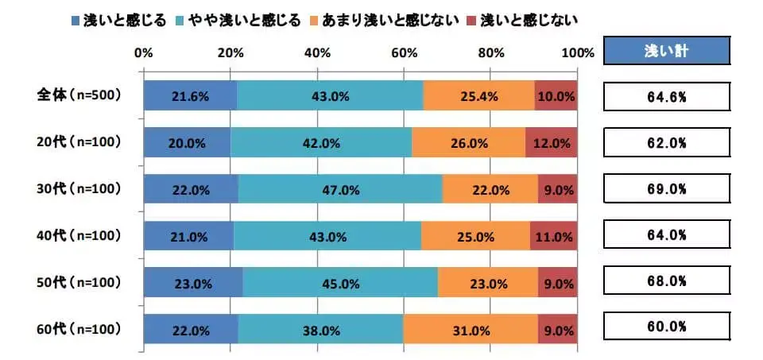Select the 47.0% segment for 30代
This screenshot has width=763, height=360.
(340, 190)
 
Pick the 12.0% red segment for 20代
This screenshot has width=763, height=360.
(552, 143)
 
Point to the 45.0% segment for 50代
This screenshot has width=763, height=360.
(340, 282)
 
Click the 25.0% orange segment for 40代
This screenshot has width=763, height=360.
(475, 236)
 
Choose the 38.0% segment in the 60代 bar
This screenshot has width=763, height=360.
(320, 328)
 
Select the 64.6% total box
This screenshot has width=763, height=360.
(667, 97)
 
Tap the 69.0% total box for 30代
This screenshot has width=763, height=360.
(667, 190)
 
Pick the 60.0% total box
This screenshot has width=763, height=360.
(667, 327)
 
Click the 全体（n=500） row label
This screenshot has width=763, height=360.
(79, 95)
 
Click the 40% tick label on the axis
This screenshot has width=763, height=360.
(317, 53)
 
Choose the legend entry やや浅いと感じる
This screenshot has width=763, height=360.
(255, 20)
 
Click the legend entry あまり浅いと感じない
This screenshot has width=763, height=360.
(399, 20)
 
